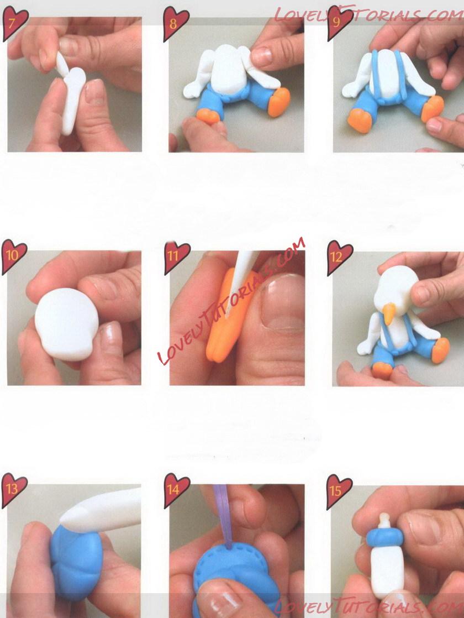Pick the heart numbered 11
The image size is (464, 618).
(x=177, y=258)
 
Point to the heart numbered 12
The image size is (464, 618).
(x=340, y=258)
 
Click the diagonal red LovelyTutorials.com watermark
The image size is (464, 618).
(x=231, y=300)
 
